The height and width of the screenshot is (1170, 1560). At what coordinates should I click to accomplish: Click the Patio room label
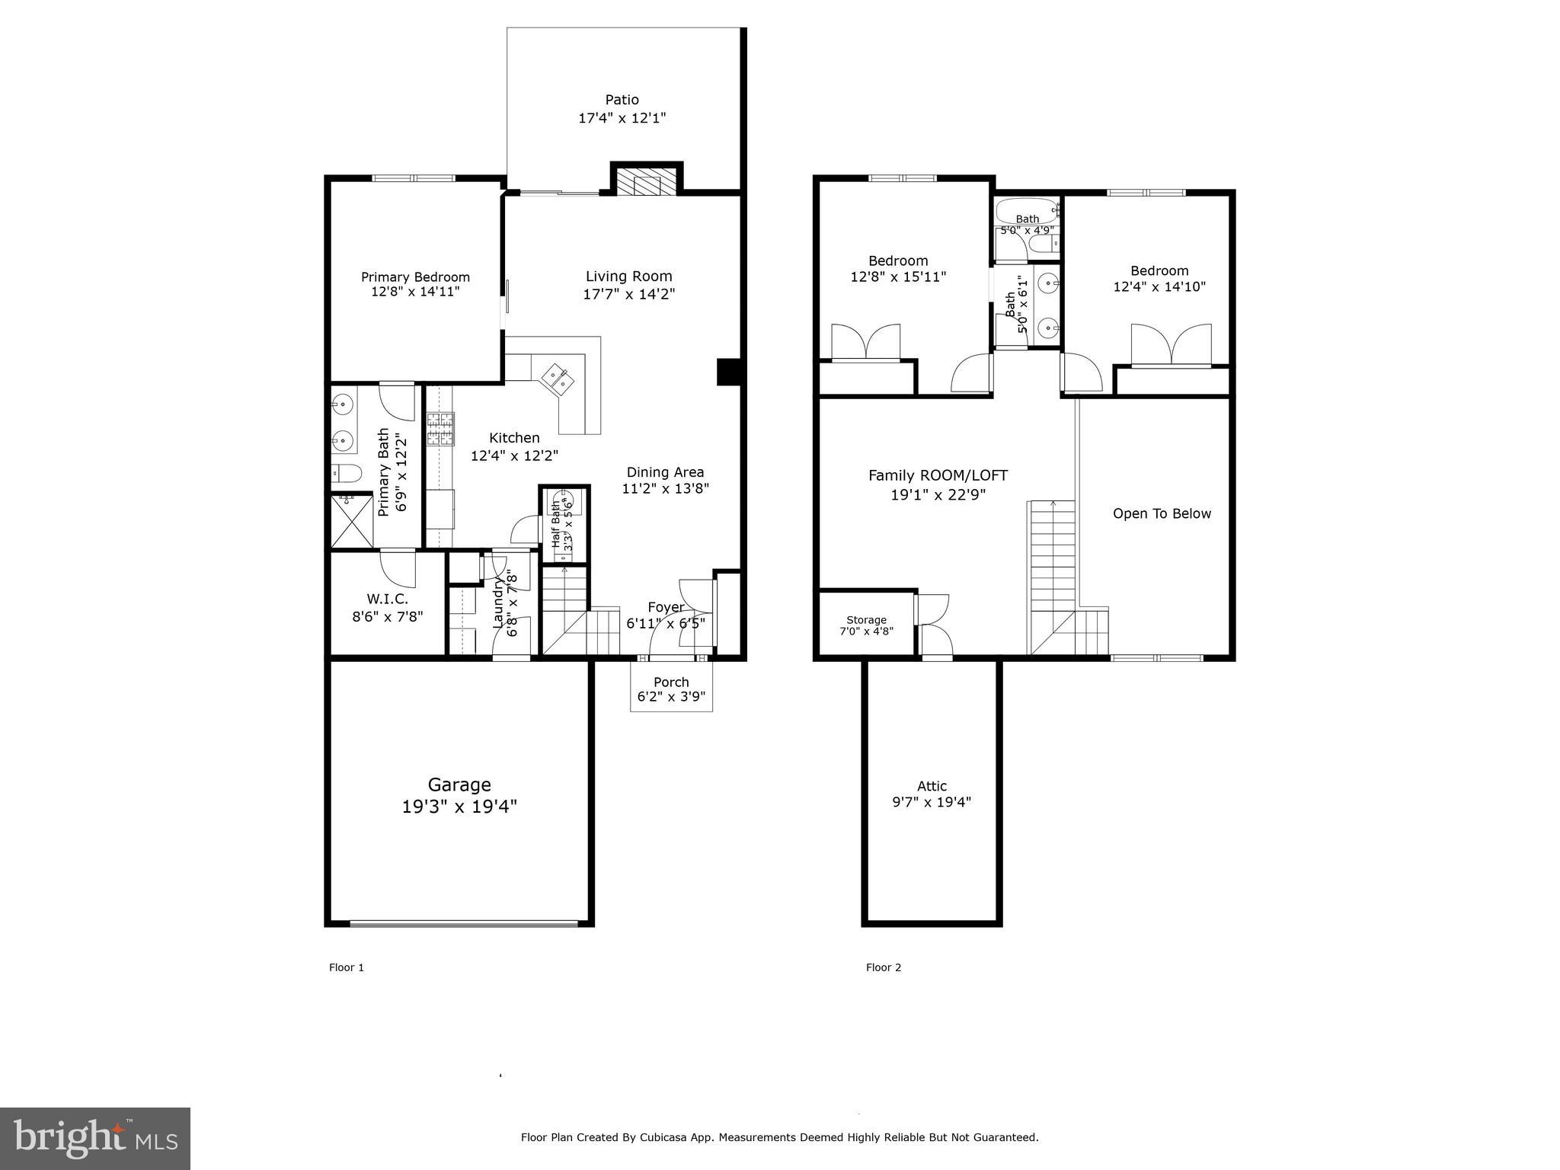[622, 100]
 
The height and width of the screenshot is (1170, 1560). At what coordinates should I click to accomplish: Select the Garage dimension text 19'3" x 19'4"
[459, 807]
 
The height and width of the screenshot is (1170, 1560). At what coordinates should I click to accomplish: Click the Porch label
[671, 682]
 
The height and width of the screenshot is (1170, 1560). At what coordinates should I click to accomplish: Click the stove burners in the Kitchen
[440, 429]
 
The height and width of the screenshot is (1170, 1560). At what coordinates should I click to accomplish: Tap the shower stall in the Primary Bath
[353, 520]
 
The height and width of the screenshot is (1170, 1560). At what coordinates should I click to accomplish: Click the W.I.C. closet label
[387, 599]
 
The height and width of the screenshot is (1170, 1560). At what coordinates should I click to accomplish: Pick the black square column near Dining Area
[729, 372]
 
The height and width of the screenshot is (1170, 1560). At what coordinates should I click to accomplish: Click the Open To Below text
[1162, 513]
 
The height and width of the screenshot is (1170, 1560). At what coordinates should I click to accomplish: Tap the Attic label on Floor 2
[932, 786]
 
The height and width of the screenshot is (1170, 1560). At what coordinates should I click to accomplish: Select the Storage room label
[866, 620]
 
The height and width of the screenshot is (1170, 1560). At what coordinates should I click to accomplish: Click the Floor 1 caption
[347, 967]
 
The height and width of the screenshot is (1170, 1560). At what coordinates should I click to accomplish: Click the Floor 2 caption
[884, 967]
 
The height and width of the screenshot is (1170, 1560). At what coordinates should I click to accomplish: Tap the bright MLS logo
[95, 1138]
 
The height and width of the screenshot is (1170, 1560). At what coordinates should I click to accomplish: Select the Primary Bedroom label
[415, 277]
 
